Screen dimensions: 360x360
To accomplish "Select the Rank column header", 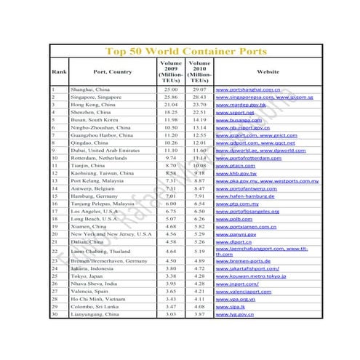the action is [58, 72].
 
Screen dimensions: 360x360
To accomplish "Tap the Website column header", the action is [267, 72].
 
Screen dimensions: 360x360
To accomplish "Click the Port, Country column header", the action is [113, 72].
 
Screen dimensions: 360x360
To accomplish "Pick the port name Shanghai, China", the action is [91, 89].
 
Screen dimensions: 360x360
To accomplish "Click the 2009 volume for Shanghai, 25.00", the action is [170, 89].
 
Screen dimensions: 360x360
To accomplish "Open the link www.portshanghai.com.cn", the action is [248, 89].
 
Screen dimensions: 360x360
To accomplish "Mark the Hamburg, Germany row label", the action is [95, 196].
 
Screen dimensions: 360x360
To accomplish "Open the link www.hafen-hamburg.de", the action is [245, 196].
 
